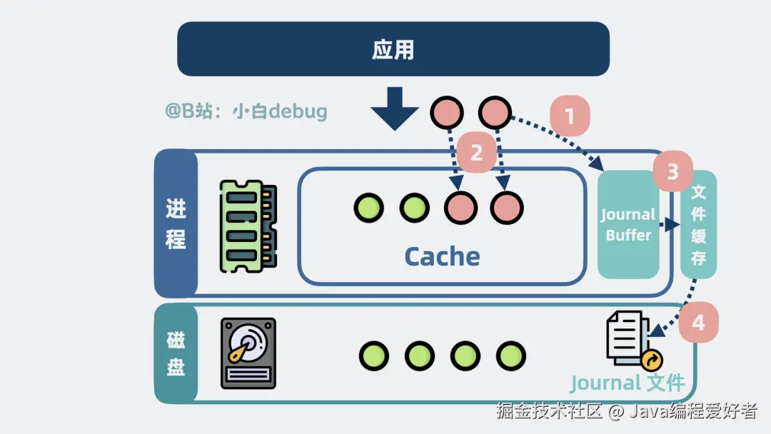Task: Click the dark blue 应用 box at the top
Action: point(393,49)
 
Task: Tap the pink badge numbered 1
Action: point(569,116)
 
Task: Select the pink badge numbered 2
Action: point(475,151)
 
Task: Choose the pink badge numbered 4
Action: point(697,323)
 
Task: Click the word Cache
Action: point(442,256)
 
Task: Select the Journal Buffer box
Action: point(628,225)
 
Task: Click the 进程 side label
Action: point(176,223)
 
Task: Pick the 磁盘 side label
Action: point(176,353)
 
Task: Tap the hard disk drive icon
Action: point(248,353)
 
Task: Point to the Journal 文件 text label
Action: point(627,383)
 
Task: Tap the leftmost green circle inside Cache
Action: point(369,208)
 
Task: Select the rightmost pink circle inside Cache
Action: point(507,208)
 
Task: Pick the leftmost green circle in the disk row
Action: point(374,355)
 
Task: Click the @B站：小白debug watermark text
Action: point(246,111)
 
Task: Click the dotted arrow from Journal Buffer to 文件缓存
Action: point(668,225)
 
